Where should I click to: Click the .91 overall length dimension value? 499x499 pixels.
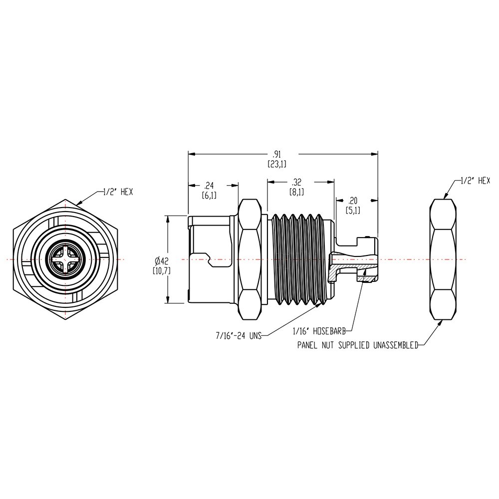[276, 154]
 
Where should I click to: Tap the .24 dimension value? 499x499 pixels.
[209, 186]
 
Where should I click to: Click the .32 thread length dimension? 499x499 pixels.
[296, 182]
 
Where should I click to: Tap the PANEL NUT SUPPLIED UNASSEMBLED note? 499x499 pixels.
[357, 345]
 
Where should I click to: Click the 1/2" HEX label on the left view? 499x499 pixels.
[118, 192]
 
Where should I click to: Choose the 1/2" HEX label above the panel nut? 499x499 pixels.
[475, 181]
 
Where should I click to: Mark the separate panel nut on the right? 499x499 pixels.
[443, 259]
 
